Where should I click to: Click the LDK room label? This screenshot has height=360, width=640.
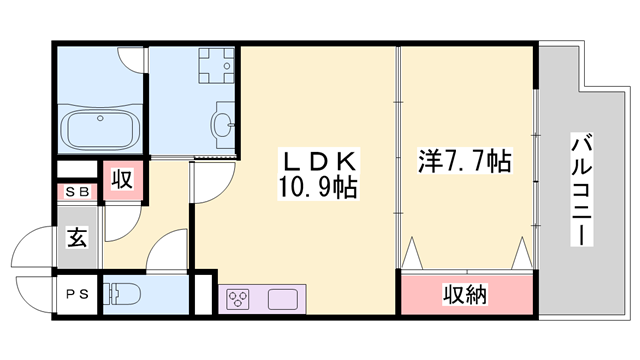(x=319, y=162)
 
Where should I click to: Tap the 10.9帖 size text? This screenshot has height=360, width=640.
(x=318, y=187)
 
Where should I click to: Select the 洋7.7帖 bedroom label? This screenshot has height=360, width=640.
(x=464, y=161)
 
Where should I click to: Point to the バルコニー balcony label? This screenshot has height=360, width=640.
(x=582, y=190)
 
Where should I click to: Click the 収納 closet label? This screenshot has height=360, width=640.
(x=465, y=294)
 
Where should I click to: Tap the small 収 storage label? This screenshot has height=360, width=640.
(x=122, y=179)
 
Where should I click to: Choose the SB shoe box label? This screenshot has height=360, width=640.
(x=77, y=192)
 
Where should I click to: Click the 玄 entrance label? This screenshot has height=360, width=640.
(x=77, y=237)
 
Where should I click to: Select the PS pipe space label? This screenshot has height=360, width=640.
(x=77, y=294)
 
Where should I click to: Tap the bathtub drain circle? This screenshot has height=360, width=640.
(x=100, y=118)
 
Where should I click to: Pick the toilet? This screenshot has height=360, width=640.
(x=122, y=294)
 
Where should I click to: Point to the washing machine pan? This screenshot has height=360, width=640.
(x=216, y=65)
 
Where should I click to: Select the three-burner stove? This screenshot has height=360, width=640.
(x=238, y=299)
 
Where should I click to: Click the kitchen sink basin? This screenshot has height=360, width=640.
(x=283, y=299)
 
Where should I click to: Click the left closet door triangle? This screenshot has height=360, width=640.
(x=412, y=253)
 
